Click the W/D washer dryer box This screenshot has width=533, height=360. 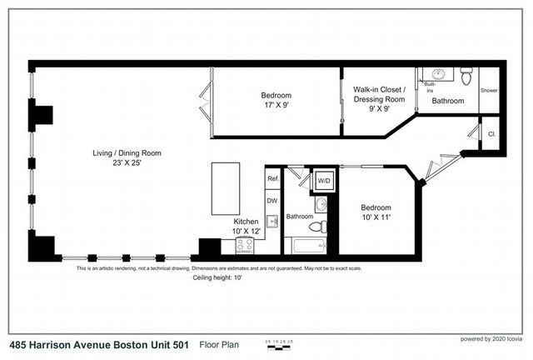coord(321,181)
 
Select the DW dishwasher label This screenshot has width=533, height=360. coord(271,200)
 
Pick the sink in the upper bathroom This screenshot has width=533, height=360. coord(441,74)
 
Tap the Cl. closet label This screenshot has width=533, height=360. coord(491,133)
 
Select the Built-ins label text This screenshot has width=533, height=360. coord(430,86)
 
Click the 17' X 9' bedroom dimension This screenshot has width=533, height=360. coord(276,106)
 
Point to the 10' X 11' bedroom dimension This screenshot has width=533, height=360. coord(376,216)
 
